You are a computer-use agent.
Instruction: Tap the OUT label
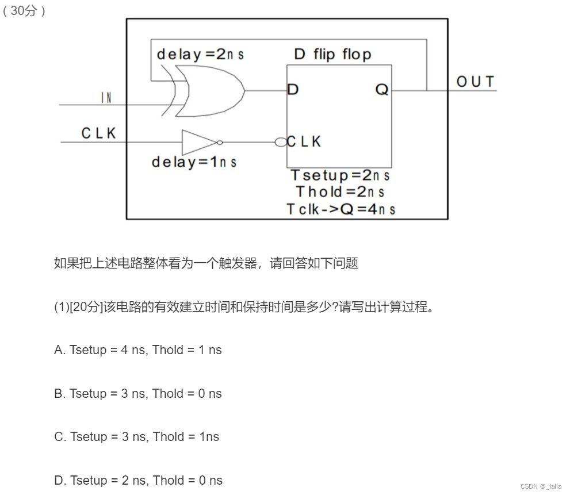click(x=475, y=82)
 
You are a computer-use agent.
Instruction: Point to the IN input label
click(x=106, y=98)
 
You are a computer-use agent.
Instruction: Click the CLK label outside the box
click(x=98, y=133)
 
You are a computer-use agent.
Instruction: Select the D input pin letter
click(x=293, y=90)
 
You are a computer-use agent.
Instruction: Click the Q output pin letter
click(x=382, y=90)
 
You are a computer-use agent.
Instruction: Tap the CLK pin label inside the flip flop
click(x=304, y=141)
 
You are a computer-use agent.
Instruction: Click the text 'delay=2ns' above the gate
click(x=200, y=55)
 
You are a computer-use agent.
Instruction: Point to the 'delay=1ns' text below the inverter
click(x=194, y=162)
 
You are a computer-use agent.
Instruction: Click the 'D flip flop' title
click(x=332, y=55)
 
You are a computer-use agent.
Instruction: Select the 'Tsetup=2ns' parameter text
click(x=339, y=175)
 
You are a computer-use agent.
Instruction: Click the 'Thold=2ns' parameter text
click(x=340, y=191)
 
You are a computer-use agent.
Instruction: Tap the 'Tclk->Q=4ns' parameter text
click(x=341, y=209)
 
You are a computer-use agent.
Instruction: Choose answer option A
click(x=137, y=350)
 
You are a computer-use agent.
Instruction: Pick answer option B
click(x=137, y=393)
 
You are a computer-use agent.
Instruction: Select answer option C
click(x=136, y=436)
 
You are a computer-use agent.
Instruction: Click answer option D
click(x=138, y=480)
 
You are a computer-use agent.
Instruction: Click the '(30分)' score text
click(x=24, y=11)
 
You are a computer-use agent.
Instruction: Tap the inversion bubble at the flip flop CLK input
click(x=280, y=141)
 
